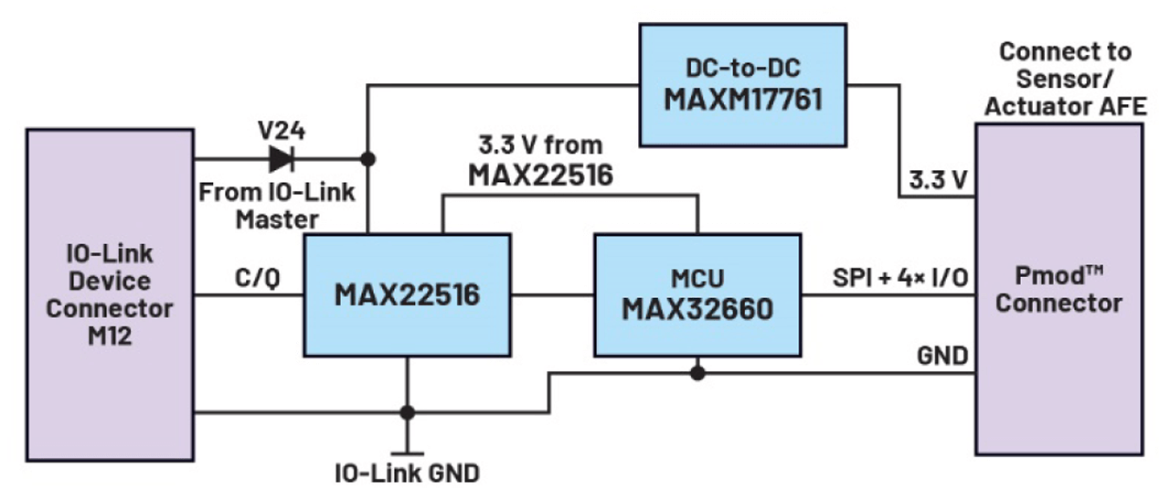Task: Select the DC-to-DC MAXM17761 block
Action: coord(742,84)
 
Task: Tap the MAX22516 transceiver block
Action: coord(406,293)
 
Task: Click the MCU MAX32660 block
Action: coord(697,294)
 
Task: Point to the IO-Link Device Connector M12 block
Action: coord(110,293)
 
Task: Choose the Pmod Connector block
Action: coord(1058,289)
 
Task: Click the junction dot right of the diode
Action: coord(367,159)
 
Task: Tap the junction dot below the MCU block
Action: coord(697,373)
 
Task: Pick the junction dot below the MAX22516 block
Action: coord(407,412)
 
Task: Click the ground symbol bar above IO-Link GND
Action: coord(407,453)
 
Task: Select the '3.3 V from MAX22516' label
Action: coord(540,160)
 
